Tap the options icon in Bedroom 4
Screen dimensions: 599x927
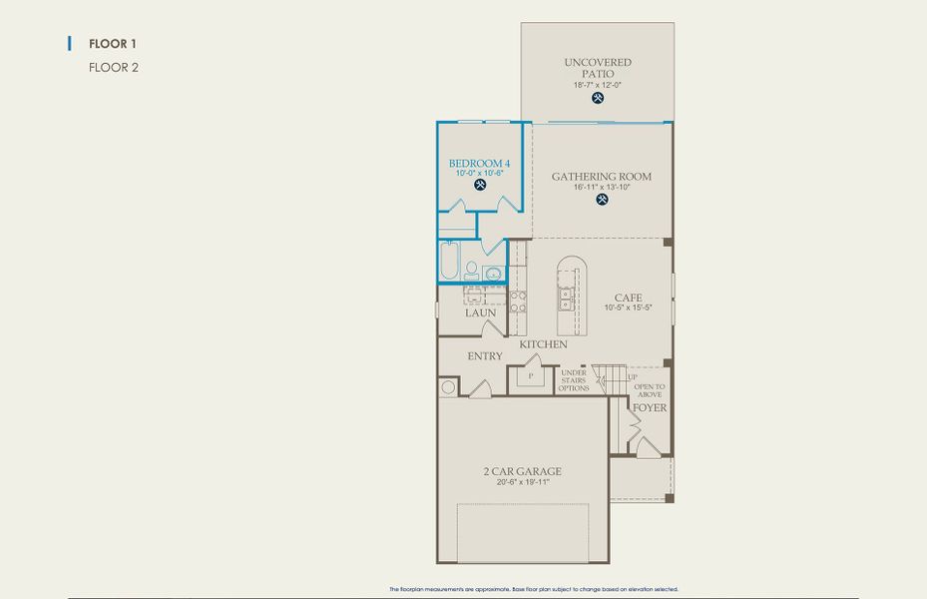pyautogui.click(x=480, y=185)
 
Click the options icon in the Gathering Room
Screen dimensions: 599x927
pyautogui.click(x=602, y=199)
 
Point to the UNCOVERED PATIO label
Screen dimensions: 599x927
pyautogui.click(x=598, y=68)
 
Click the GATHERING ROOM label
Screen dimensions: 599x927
pyautogui.click(x=602, y=177)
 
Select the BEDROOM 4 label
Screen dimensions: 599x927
pyautogui.click(x=479, y=163)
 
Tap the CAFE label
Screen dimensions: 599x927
pyautogui.click(x=628, y=298)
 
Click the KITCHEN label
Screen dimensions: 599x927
pyautogui.click(x=543, y=344)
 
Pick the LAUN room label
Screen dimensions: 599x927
pyautogui.click(x=480, y=313)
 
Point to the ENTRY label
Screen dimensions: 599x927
pyautogui.click(x=485, y=356)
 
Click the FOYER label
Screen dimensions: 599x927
pyautogui.click(x=650, y=408)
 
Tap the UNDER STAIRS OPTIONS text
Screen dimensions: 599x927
pyautogui.click(x=574, y=380)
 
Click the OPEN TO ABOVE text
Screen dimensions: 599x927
pyautogui.click(x=650, y=390)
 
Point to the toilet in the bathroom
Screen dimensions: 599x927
pyautogui.click(x=471, y=269)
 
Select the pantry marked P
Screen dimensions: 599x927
pyautogui.click(x=531, y=376)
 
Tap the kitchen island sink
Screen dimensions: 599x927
pyautogui.click(x=566, y=297)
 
